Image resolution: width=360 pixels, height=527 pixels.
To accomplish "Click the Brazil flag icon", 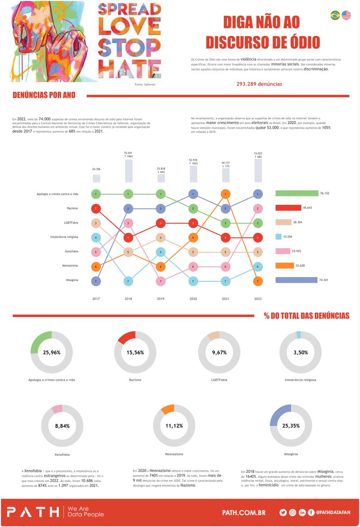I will coord(335,15).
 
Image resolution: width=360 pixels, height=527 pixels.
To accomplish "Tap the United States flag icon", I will coord(346,15).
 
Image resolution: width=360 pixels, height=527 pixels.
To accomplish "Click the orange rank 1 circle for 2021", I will coord(225,194).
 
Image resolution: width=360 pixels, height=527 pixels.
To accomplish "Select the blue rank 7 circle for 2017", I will coord(96,280).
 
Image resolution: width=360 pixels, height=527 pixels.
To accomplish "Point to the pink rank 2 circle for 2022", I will coord(258,208).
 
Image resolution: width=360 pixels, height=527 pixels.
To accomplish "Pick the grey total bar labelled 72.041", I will coord(128,171).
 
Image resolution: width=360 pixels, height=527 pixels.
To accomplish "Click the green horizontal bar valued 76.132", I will coord(296,193).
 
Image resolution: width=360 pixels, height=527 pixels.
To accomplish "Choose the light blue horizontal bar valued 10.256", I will coord(278,237).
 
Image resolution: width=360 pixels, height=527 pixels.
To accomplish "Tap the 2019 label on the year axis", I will coord(161,299).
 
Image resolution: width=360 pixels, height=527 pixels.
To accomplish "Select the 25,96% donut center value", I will coord(51,352).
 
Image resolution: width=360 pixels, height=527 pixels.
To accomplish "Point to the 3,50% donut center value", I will coord(301,352).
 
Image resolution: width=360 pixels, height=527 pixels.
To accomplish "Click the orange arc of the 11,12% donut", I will coord(167,409).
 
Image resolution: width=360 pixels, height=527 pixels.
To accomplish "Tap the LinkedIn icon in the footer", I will coord(302,513).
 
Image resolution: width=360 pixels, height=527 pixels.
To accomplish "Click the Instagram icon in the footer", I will coord(292,513).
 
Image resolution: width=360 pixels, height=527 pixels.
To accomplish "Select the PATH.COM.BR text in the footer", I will coord(244,513).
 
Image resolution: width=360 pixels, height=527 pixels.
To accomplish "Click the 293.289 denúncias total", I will coord(259,84).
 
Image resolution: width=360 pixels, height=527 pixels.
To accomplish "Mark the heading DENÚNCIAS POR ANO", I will coord(44,95).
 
